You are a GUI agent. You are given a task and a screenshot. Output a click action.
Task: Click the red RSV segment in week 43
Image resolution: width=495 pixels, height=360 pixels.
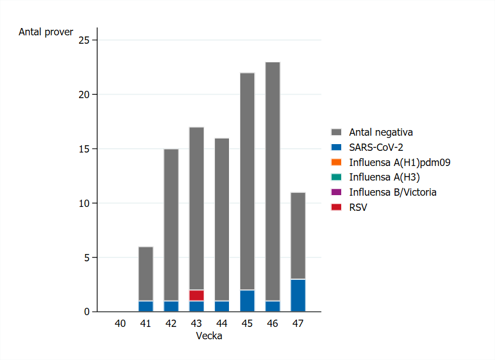click(x=196, y=296)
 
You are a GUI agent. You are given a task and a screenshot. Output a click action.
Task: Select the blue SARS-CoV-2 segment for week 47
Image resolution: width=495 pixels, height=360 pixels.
click(x=298, y=296)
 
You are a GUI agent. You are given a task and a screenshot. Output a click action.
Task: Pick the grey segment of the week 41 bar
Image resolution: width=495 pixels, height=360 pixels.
click(x=146, y=274)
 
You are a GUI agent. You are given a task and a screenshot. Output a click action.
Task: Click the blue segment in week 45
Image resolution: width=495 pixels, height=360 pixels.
click(x=247, y=301)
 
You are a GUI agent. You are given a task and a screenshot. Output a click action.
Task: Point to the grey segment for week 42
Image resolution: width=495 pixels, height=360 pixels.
click(x=171, y=225)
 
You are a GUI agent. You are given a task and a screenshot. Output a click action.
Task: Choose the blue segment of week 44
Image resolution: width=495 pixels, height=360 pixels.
click(x=222, y=306)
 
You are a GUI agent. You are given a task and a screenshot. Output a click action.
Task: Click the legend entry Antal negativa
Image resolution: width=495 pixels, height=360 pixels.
click(x=381, y=132)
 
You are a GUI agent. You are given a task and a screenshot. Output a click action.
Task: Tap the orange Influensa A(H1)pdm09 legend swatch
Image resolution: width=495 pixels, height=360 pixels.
click(x=336, y=163)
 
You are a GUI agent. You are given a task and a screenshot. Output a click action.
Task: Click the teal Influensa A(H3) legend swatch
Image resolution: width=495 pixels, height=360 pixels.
click(x=336, y=177)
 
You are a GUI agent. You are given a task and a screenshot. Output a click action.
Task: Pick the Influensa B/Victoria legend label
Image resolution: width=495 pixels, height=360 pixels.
click(x=392, y=192)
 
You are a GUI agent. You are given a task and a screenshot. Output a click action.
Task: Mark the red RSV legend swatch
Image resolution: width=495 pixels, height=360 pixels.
click(x=336, y=207)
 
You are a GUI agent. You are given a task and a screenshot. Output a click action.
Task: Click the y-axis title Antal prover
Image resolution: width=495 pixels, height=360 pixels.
click(x=46, y=32)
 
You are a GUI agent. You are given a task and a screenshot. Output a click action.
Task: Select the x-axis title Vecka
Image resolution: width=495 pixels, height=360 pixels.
click(x=209, y=336)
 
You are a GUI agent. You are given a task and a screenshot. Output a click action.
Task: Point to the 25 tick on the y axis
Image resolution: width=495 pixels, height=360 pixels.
click(x=84, y=40)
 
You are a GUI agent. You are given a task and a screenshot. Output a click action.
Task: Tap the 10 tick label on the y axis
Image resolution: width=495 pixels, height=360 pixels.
click(x=84, y=203)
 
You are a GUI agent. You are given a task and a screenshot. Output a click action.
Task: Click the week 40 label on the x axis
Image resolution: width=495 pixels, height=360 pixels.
click(x=120, y=324)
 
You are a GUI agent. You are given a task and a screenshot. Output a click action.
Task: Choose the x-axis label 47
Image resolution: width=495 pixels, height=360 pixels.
click(x=298, y=324)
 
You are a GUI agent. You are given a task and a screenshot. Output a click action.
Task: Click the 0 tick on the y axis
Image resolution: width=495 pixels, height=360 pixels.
click(x=86, y=312)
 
